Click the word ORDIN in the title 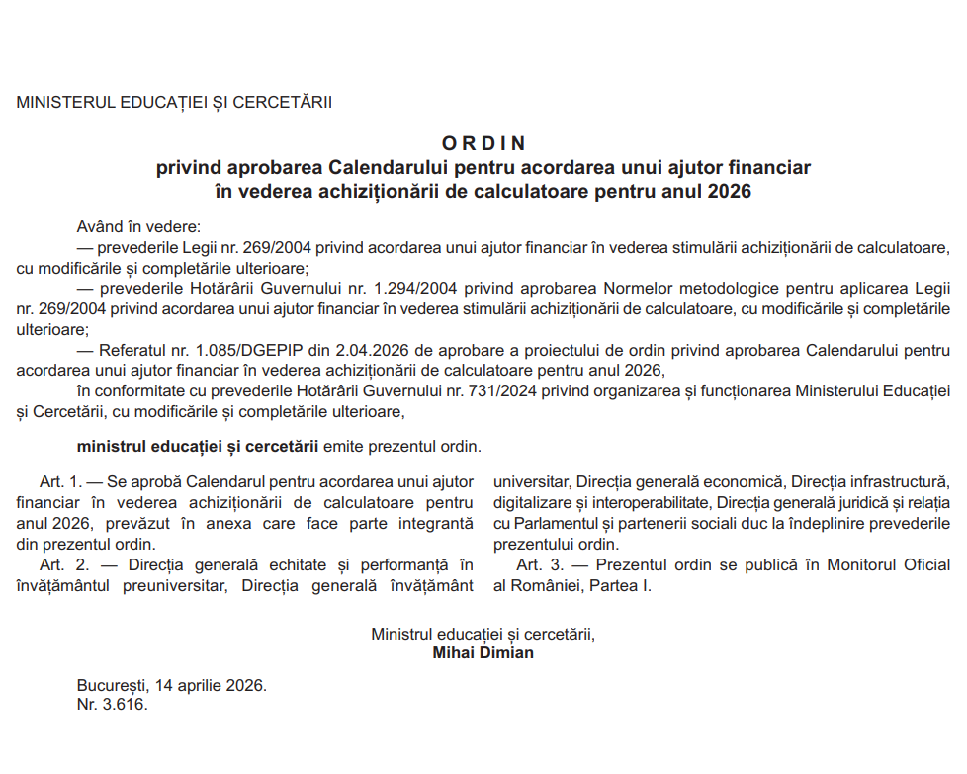click(x=483, y=143)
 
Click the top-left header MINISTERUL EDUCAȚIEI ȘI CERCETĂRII click(x=174, y=102)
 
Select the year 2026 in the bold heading click(x=730, y=191)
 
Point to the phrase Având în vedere click(x=137, y=226)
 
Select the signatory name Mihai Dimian click(x=483, y=652)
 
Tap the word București click(x=110, y=685)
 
